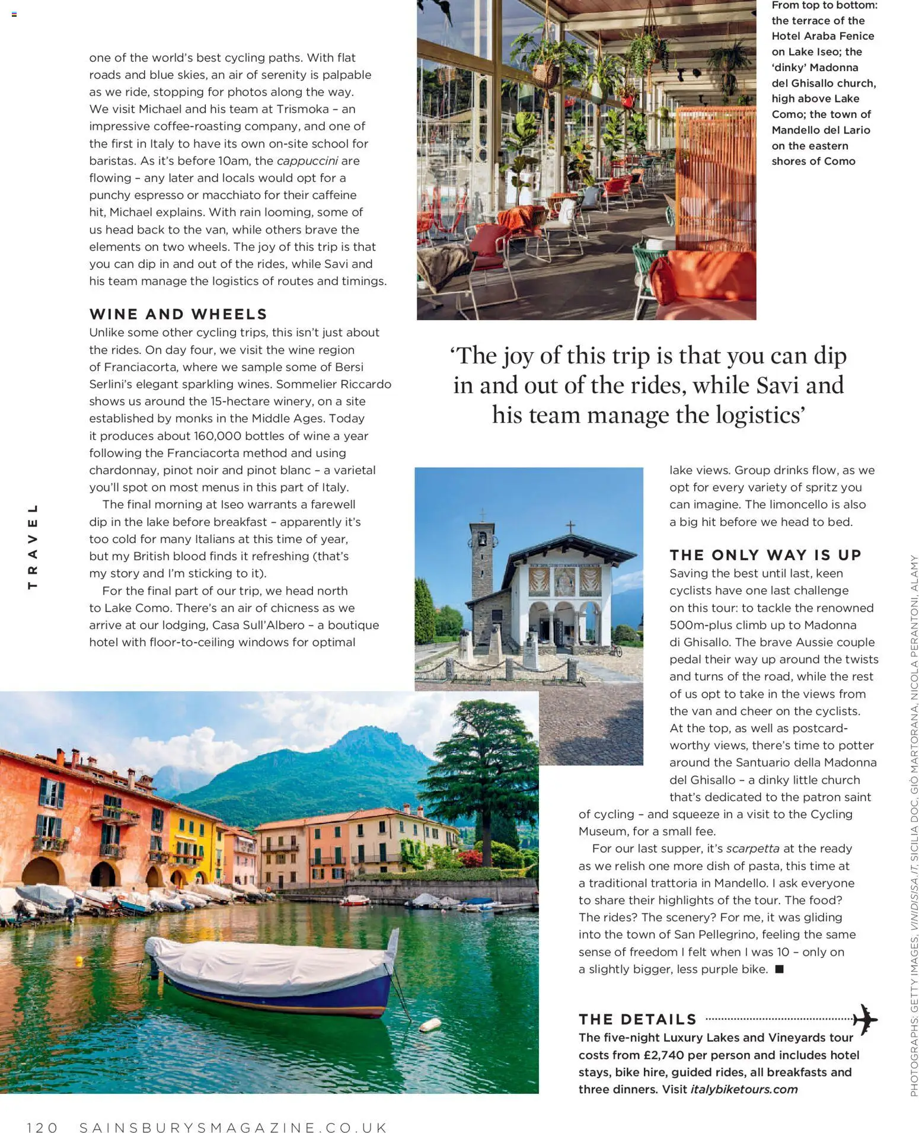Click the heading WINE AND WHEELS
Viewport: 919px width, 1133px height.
coord(178,314)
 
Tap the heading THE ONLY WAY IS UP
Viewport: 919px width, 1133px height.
coord(765,555)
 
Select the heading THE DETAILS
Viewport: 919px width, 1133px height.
coord(637,1019)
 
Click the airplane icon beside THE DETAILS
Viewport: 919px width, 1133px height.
coord(865,1019)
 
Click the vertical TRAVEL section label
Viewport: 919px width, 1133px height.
coord(33,546)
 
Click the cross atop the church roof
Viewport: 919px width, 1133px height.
coord(570,526)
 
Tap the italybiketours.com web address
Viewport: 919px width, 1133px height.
coord(744,1089)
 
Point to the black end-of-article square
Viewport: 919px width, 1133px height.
coord(779,969)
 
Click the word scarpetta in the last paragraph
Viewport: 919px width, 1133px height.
coord(752,848)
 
